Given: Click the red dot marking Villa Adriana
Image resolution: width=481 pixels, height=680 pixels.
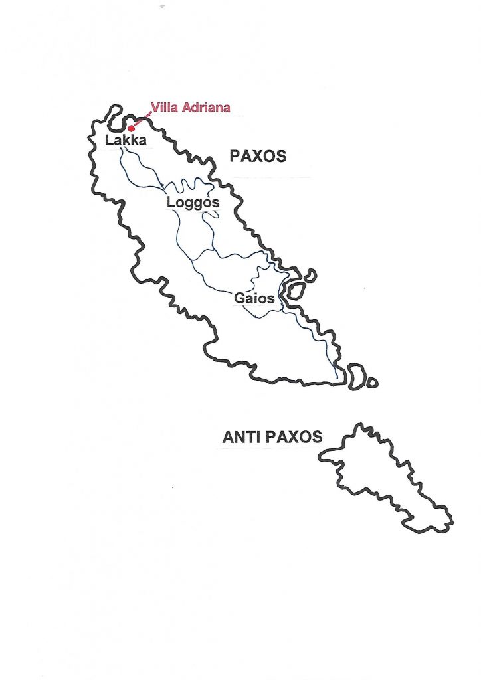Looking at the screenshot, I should coord(132,128).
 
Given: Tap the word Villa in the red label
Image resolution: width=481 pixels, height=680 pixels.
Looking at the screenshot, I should coord(163,107).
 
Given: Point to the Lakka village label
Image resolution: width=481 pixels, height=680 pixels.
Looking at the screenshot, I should coord(126,141).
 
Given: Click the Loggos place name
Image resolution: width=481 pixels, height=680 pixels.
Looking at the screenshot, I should coord(193,202).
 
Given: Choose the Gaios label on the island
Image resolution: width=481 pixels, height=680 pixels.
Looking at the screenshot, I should coord(254,298).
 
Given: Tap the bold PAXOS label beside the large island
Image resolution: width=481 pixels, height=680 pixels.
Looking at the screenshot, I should coord(258,157).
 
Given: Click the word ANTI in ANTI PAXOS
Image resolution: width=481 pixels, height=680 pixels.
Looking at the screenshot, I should coord(241,437).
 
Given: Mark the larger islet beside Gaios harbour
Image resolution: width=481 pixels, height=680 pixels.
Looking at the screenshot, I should coord(294,290).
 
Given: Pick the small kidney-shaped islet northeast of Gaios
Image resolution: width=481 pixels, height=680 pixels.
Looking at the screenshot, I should coord(310,275).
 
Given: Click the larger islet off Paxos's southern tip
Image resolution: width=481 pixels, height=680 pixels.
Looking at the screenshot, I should coord(357,376).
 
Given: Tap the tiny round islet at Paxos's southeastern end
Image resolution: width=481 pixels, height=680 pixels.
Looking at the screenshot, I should coord(373,383).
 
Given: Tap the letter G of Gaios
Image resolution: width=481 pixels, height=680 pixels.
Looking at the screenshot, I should coord(239,298).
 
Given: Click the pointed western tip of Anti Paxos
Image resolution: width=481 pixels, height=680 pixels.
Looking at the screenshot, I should coord(321,456).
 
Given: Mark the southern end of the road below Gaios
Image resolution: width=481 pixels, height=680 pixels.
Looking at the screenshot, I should coord(337,378).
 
